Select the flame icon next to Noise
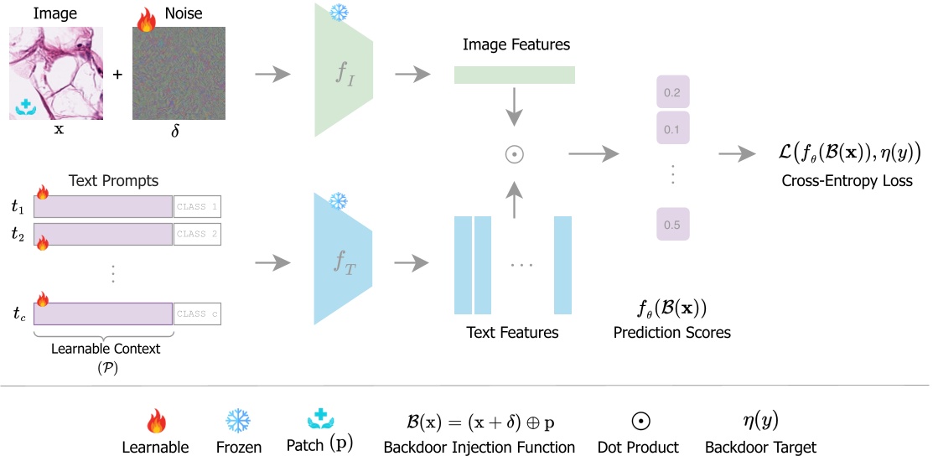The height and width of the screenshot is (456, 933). (146, 20)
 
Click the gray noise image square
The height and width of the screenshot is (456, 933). (179, 75)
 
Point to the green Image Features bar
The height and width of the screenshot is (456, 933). (514, 75)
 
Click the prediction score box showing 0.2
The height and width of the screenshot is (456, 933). (671, 92)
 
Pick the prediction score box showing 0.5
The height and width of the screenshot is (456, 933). (671, 225)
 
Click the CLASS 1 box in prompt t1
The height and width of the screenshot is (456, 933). (197, 207)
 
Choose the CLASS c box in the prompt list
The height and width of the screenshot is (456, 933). (197, 313)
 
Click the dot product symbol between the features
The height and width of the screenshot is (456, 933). (515, 154)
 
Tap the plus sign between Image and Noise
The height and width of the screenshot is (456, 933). (117, 75)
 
